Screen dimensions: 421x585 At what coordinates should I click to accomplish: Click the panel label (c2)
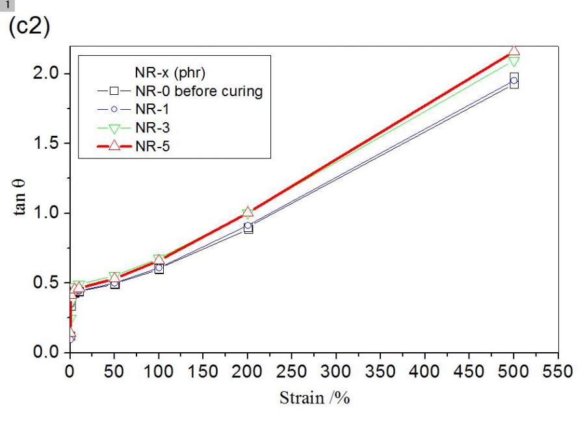(29, 29)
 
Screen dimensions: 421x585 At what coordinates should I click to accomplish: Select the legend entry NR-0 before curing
(199, 91)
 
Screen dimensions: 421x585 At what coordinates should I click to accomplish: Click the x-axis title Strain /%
(315, 398)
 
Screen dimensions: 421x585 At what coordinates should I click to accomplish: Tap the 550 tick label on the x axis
(558, 372)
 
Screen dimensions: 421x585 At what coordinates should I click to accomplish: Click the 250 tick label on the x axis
(292, 372)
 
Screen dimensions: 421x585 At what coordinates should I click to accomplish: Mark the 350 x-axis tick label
(381, 372)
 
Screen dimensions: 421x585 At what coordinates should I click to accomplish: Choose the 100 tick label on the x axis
(159, 372)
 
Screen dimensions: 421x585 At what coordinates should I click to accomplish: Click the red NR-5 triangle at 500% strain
(514, 51)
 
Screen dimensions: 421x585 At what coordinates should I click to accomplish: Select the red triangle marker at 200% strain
(248, 212)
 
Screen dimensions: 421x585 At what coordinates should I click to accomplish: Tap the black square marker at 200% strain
(248, 229)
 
